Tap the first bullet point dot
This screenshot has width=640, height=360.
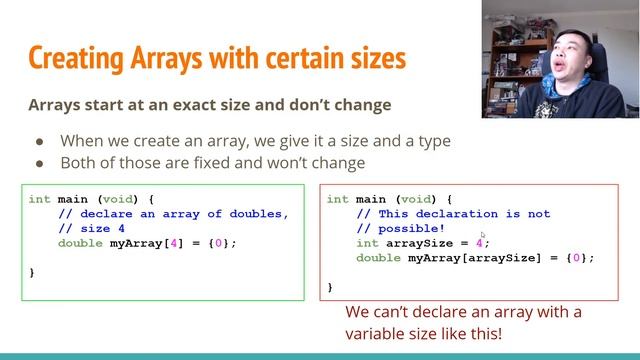[x=41, y=141]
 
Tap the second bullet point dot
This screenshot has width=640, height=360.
[x=41, y=162]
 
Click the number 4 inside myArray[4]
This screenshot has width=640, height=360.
[x=154, y=243]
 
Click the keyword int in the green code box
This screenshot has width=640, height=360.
[x=39, y=199]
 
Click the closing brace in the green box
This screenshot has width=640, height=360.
[x=32, y=272]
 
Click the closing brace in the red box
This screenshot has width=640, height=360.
[x=330, y=287]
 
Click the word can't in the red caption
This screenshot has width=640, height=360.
[x=397, y=313]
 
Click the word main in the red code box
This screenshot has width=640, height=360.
[x=372, y=199]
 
